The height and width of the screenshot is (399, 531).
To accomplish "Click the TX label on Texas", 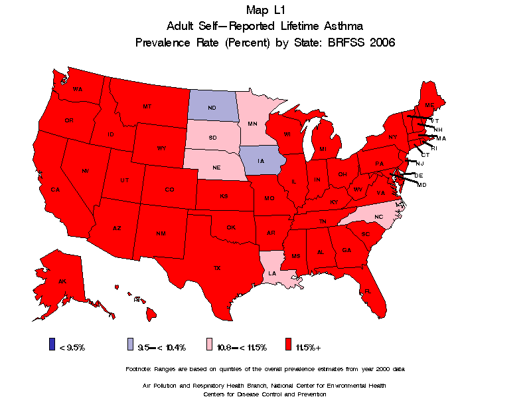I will click(216, 268).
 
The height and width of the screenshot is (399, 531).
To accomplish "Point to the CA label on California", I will click(56, 190).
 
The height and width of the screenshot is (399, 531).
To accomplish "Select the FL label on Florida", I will click(368, 291).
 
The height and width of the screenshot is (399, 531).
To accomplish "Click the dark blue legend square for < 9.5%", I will click(52, 344).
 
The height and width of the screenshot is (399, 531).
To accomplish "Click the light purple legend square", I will click(131, 344).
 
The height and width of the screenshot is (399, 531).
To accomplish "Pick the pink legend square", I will click(210, 344).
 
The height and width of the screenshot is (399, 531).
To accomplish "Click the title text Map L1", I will click(265, 10).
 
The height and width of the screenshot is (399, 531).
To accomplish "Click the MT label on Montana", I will click(147, 106).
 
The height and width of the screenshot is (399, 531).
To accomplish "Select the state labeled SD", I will click(212, 137).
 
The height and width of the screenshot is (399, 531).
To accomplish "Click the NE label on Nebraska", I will click(216, 168).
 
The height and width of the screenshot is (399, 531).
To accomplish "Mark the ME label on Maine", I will click(430, 106).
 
